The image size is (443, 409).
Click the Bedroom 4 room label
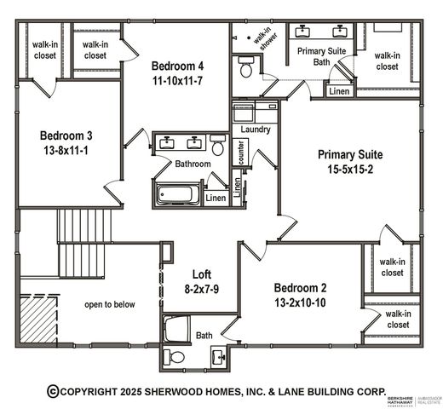click(x=177, y=66)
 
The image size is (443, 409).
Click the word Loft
click(x=201, y=274)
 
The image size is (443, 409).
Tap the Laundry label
click(x=256, y=130)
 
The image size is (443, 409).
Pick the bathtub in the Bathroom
click(x=177, y=193)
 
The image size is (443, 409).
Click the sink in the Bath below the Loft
click(x=219, y=355)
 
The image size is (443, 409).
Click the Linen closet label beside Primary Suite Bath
click(x=338, y=91)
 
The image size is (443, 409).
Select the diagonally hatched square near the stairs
click(x=37, y=316)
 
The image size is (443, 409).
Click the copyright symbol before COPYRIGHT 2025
click(x=53, y=390)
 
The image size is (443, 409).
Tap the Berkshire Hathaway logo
click(x=407, y=398)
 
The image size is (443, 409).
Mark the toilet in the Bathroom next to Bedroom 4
click(x=218, y=148)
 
